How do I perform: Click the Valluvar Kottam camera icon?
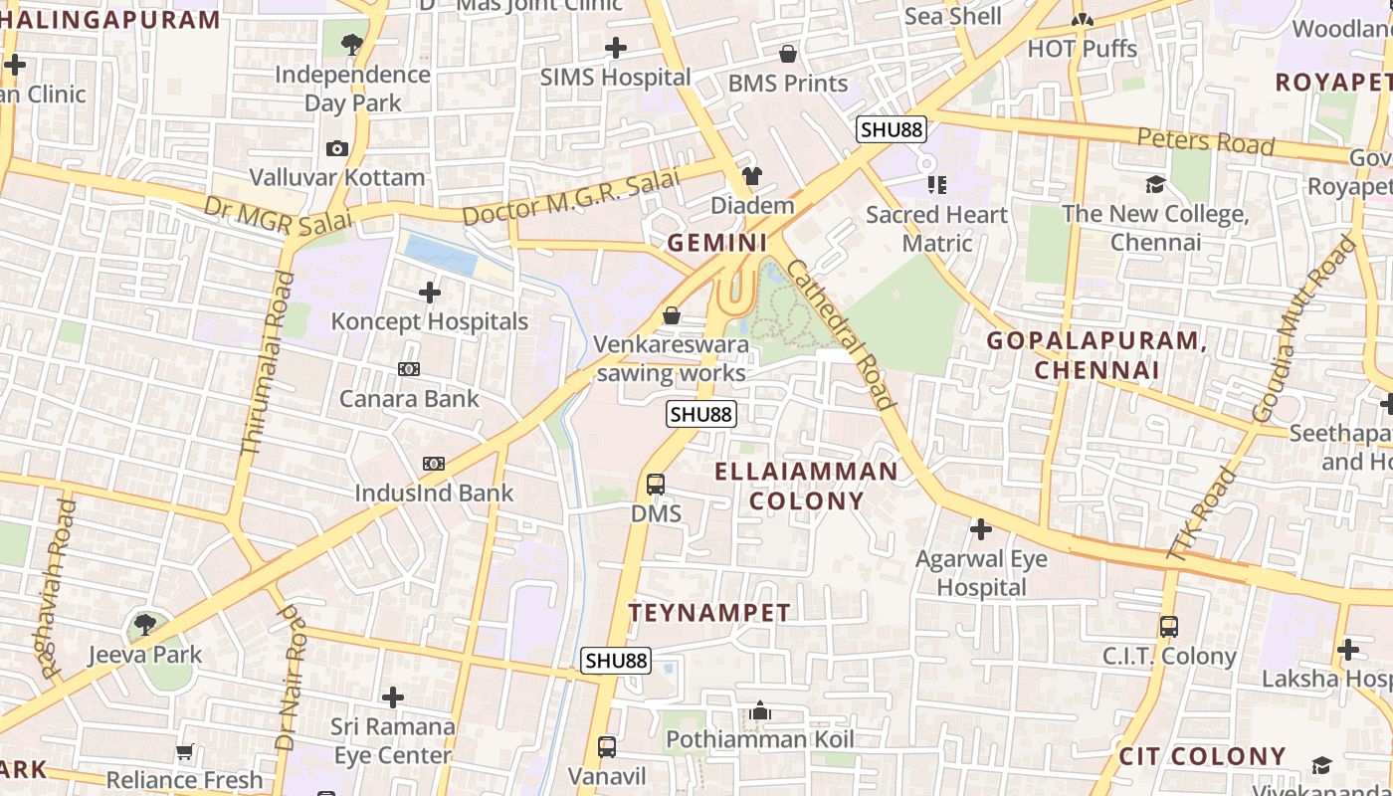337,148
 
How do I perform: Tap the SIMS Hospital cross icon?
616,47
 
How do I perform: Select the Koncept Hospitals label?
429,321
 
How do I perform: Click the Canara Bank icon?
409,369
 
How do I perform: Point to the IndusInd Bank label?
434,493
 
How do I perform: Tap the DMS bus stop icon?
656,485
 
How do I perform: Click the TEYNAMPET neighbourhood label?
709,613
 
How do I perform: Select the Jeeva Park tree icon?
145,625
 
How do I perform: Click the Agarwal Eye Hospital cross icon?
981,529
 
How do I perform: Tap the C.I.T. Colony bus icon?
1169,627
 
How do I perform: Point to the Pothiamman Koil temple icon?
760,710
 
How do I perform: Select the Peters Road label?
1205,141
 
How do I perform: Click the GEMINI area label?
717,243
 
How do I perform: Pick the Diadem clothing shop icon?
751,176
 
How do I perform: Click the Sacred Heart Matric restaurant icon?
936,184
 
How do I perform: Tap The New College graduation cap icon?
1155,184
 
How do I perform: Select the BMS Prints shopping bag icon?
788,54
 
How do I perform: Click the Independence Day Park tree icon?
351,44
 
